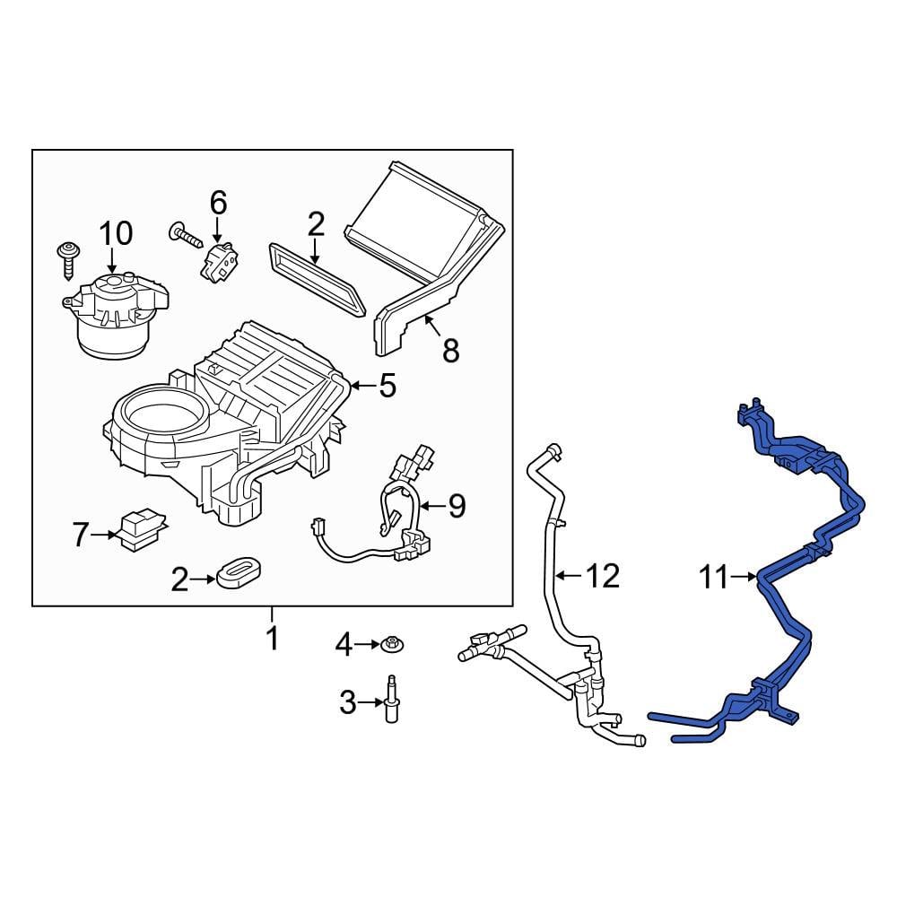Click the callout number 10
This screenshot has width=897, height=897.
116,233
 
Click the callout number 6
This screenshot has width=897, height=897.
219,203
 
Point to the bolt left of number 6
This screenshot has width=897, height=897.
184,236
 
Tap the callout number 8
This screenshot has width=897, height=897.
450,351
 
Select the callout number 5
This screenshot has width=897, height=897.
387,386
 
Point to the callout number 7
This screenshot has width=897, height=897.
81,536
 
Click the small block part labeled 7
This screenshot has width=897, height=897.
140,528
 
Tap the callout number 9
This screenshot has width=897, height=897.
457,507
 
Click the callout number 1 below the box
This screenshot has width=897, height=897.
271,639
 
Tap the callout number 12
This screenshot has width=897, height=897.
605,576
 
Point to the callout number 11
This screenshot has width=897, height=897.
714,578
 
